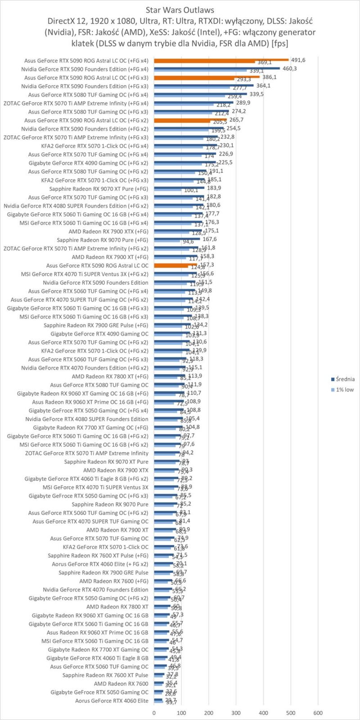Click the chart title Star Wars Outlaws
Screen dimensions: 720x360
point(180,9)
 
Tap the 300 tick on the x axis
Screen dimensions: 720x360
point(236,713)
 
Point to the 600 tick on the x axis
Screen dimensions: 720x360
point(318,713)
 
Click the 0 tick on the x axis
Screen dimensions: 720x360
point(154,713)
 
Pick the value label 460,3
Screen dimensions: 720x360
point(289,68)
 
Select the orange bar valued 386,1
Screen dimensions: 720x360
point(207,77)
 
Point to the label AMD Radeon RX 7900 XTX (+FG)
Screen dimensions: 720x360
point(108,231)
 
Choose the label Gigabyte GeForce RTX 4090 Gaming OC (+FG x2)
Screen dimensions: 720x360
point(88,163)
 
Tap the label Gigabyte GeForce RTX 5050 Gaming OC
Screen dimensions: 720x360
point(99,692)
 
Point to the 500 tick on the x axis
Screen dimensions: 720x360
point(291,713)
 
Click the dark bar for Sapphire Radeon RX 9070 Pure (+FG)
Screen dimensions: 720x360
point(177,239)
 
